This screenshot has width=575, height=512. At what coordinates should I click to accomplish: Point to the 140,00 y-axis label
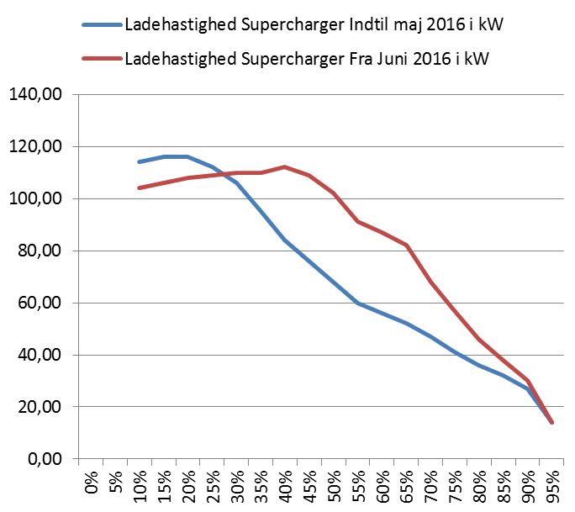point(34,95)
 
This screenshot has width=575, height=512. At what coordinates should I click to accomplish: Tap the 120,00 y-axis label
point(34,147)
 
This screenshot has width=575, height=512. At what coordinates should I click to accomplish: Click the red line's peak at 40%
point(285,166)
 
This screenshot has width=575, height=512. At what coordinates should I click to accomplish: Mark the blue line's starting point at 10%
point(139,161)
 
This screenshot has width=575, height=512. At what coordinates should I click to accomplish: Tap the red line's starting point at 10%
point(139,187)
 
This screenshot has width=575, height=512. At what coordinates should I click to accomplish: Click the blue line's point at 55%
point(358,303)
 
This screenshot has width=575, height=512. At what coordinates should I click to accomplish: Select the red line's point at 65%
point(407,245)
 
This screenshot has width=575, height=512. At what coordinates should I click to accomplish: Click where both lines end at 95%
point(552,423)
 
